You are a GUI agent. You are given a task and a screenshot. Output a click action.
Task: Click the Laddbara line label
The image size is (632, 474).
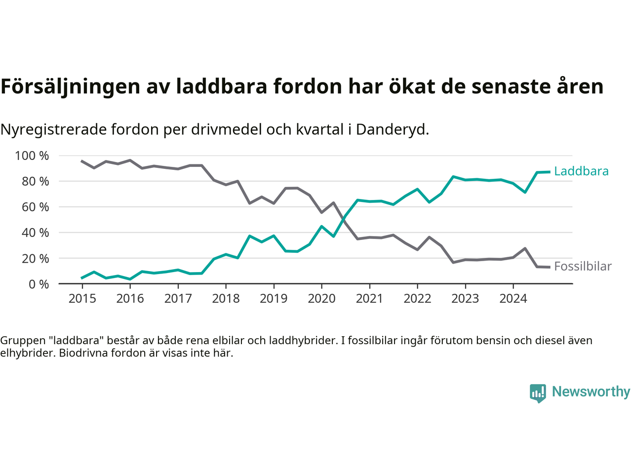click(581, 171)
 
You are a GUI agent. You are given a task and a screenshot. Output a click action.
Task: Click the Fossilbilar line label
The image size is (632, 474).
click(583, 267)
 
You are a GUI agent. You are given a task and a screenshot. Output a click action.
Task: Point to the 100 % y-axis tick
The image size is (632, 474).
click(32, 156)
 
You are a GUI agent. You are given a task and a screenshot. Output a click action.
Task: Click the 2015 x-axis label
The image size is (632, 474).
click(82, 299)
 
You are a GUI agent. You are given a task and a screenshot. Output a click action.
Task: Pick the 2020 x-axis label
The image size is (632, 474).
click(321, 299)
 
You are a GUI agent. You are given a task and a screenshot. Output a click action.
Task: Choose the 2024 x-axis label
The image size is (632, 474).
click(513, 299)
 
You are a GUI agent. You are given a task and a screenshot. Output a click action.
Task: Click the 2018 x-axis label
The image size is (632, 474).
click(226, 299)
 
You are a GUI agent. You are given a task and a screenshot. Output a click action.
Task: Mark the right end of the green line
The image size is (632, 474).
click(549, 172)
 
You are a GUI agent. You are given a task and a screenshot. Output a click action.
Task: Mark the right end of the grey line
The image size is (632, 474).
click(549, 267)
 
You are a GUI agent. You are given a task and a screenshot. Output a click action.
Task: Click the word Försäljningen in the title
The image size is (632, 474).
click(71, 86)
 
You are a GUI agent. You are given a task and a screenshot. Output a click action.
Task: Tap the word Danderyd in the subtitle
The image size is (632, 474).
click(392, 129)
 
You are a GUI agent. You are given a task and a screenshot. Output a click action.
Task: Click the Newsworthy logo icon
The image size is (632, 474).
click(538, 393)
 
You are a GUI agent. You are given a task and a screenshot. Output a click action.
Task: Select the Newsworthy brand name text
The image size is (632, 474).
click(591, 392)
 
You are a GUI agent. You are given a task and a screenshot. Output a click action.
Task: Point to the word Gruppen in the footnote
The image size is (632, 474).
click(20, 341)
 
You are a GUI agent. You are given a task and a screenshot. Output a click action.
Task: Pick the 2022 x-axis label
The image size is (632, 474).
click(417, 299)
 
